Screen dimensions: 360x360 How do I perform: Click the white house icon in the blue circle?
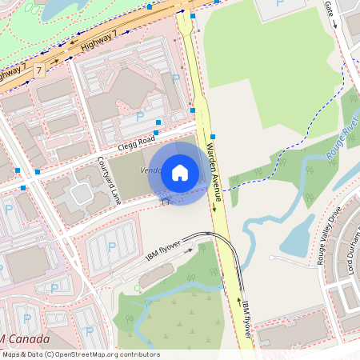coord(180,172)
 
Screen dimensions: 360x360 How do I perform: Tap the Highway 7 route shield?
coord(39,71)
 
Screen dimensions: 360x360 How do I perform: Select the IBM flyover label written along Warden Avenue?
coord(247,320)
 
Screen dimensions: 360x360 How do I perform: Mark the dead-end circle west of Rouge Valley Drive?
coord(271,258)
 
